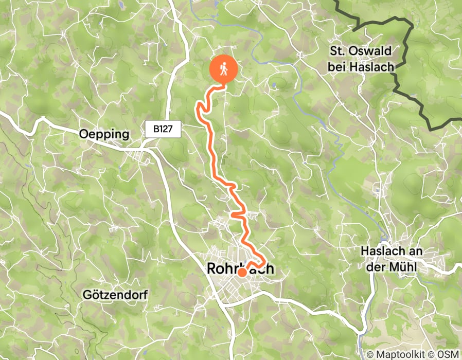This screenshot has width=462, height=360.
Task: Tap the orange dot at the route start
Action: click(x=241, y=273)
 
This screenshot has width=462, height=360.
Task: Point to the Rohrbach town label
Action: click(x=240, y=268)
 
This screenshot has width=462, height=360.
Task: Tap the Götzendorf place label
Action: click(x=115, y=295)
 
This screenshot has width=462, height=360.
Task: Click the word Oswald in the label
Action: click(x=370, y=51)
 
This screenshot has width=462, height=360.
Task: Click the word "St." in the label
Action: click(x=338, y=51)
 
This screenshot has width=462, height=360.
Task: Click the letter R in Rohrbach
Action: click(x=211, y=268)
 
